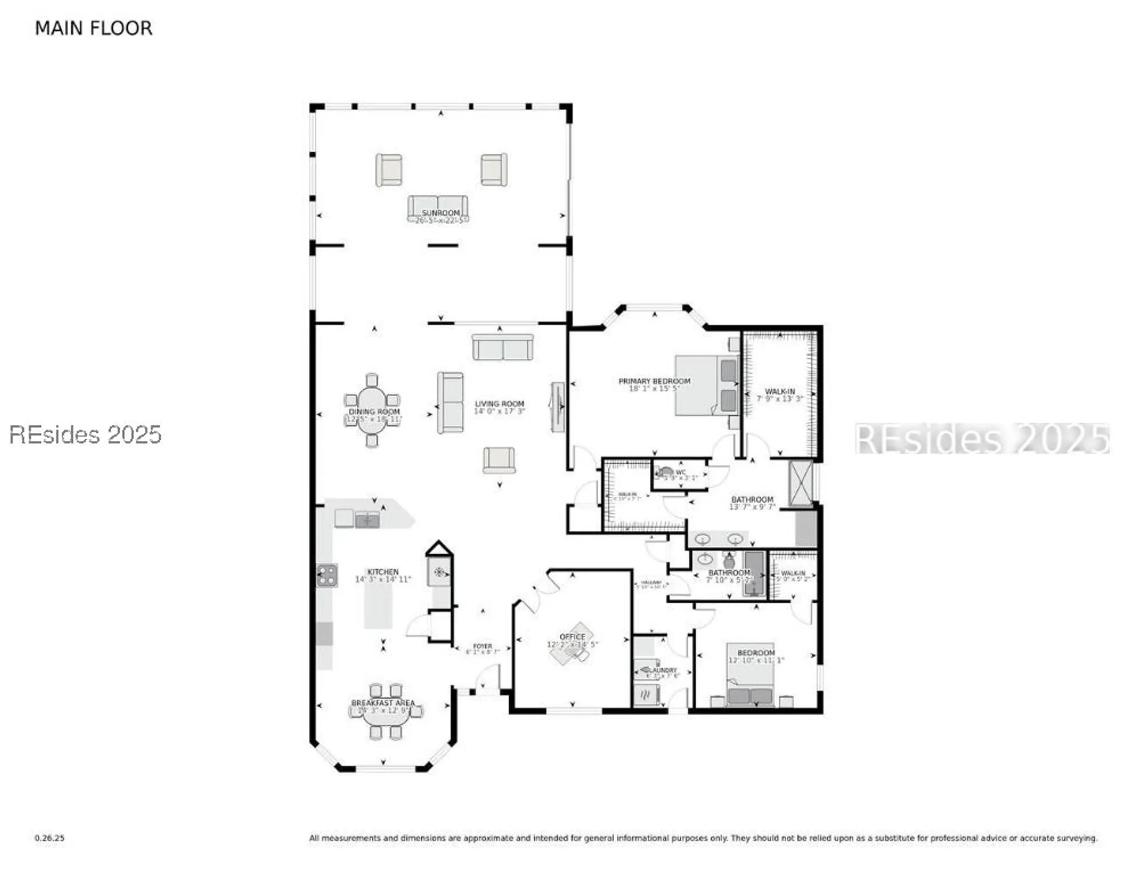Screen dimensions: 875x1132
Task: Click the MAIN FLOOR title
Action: pyautogui.click(x=93, y=28)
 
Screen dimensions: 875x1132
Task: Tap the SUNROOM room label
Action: pyautogui.click(x=440, y=213)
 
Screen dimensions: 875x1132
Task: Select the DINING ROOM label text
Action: pyautogui.click(x=374, y=411)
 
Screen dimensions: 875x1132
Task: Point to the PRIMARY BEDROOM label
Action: pyautogui.click(x=654, y=381)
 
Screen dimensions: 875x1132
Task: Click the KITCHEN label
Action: pyautogui.click(x=383, y=572)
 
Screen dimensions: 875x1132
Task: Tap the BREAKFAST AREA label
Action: pyautogui.click(x=382, y=703)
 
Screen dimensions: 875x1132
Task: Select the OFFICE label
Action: pyautogui.click(x=572, y=636)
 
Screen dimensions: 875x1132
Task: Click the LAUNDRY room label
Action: pyautogui.click(x=663, y=670)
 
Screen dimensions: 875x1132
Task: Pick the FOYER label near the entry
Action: pyautogui.click(x=482, y=646)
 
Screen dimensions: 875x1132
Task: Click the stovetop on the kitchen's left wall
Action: pyautogui.click(x=327, y=575)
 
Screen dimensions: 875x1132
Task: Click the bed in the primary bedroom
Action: pyautogui.click(x=706, y=386)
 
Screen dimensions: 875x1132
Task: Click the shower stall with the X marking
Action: pyautogui.click(x=800, y=483)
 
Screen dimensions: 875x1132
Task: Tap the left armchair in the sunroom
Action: pyautogui.click(x=388, y=170)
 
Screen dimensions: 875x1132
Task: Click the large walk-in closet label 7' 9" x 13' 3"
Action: pyautogui.click(x=779, y=398)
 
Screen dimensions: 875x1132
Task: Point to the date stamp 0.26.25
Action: pyautogui.click(x=50, y=838)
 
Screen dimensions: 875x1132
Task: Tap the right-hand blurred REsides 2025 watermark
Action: pyautogui.click(x=982, y=439)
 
